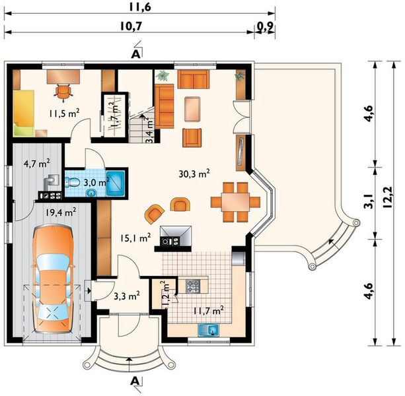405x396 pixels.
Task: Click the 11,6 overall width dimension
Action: click(x=140, y=7)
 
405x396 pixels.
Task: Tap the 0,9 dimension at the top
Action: click(x=265, y=26)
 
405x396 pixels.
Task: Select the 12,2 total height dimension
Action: click(x=387, y=197)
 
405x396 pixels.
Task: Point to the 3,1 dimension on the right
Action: click(x=369, y=201)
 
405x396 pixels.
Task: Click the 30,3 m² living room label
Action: click(x=194, y=174)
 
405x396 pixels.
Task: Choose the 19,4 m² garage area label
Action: click(x=61, y=212)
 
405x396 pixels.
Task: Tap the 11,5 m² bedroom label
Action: click(x=64, y=113)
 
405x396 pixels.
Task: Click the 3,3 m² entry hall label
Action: click(x=127, y=296)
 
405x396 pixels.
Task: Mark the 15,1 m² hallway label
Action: click(x=135, y=238)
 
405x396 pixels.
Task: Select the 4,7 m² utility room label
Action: click(x=36, y=163)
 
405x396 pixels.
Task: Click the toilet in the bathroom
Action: click(x=72, y=182)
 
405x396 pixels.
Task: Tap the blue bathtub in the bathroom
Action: click(x=116, y=183)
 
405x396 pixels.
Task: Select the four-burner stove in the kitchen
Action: click(x=193, y=286)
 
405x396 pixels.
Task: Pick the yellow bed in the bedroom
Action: click(x=24, y=113)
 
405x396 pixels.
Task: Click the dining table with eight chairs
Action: click(x=235, y=202)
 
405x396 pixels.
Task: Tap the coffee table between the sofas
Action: click(x=193, y=109)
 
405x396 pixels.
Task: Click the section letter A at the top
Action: click(x=136, y=54)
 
